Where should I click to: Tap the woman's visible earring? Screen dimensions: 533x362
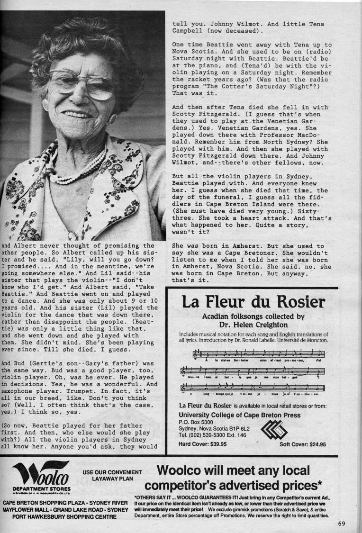point(112,118)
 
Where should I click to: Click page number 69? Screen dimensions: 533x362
point(343,524)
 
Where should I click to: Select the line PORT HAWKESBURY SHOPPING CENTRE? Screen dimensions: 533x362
point(65,516)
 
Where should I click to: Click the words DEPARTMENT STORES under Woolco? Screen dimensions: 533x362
point(42,488)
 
